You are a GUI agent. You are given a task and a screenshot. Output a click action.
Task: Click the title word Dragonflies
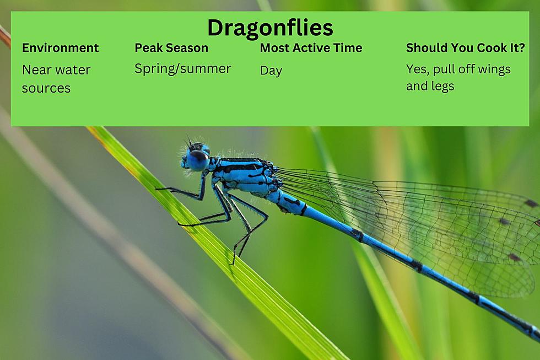tap(270, 28)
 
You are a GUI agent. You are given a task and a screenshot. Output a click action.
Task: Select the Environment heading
tap(60, 47)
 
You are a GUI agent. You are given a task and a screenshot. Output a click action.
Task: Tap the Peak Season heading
tap(171, 47)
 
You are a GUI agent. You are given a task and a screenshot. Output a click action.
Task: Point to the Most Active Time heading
tap(311, 47)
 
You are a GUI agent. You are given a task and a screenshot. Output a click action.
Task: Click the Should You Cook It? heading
tap(465, 47)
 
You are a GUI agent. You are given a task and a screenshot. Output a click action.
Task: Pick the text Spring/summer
tap(182, 69)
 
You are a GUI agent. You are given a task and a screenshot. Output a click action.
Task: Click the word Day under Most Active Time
tap(271, 71)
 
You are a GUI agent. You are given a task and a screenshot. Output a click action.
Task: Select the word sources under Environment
tap(46, 88)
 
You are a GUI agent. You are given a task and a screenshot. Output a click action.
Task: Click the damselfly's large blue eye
tap(198, 160)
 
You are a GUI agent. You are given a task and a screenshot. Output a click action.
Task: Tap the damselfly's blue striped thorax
tap(245, 176)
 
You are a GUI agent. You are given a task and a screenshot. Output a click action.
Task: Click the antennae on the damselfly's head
tap(189, 142)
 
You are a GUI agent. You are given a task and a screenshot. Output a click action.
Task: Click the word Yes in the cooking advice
tap(418, 69)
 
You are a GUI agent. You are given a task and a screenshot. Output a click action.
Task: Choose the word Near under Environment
tap(36, 70)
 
